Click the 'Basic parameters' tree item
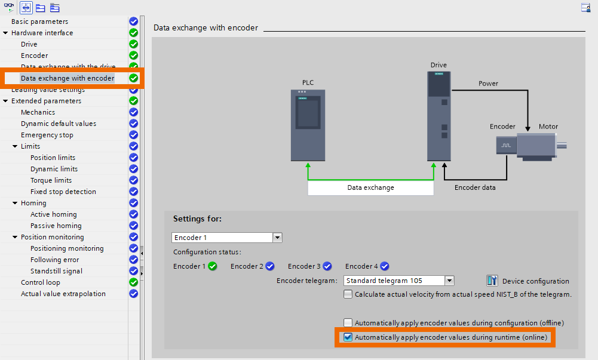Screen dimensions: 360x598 (39, 21)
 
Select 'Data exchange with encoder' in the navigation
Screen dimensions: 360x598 (67, 78)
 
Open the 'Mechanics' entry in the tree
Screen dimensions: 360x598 (38, 112)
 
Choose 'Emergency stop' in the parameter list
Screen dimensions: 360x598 (47, 135)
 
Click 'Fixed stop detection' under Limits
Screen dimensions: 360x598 (63, 192)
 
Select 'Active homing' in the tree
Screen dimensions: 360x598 (53, 214)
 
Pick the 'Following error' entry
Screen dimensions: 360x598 (54, 260)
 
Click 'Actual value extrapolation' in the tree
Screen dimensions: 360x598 (63, 294)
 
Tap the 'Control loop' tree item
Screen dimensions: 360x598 (40, 282)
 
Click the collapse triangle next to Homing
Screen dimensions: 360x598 (15, 203)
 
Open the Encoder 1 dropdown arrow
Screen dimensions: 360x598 (277, 238)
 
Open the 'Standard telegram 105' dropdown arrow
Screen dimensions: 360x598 (450, 281)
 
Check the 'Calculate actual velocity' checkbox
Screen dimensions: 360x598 (348, 294)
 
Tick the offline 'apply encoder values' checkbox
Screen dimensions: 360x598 (348, 323)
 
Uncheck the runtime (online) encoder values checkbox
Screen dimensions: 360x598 (348, 337)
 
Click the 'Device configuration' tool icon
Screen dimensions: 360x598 (492, 281)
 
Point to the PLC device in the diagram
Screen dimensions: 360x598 (308, 125)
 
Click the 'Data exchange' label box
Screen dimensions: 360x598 (370, 187)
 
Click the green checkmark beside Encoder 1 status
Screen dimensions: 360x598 (213, 266)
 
